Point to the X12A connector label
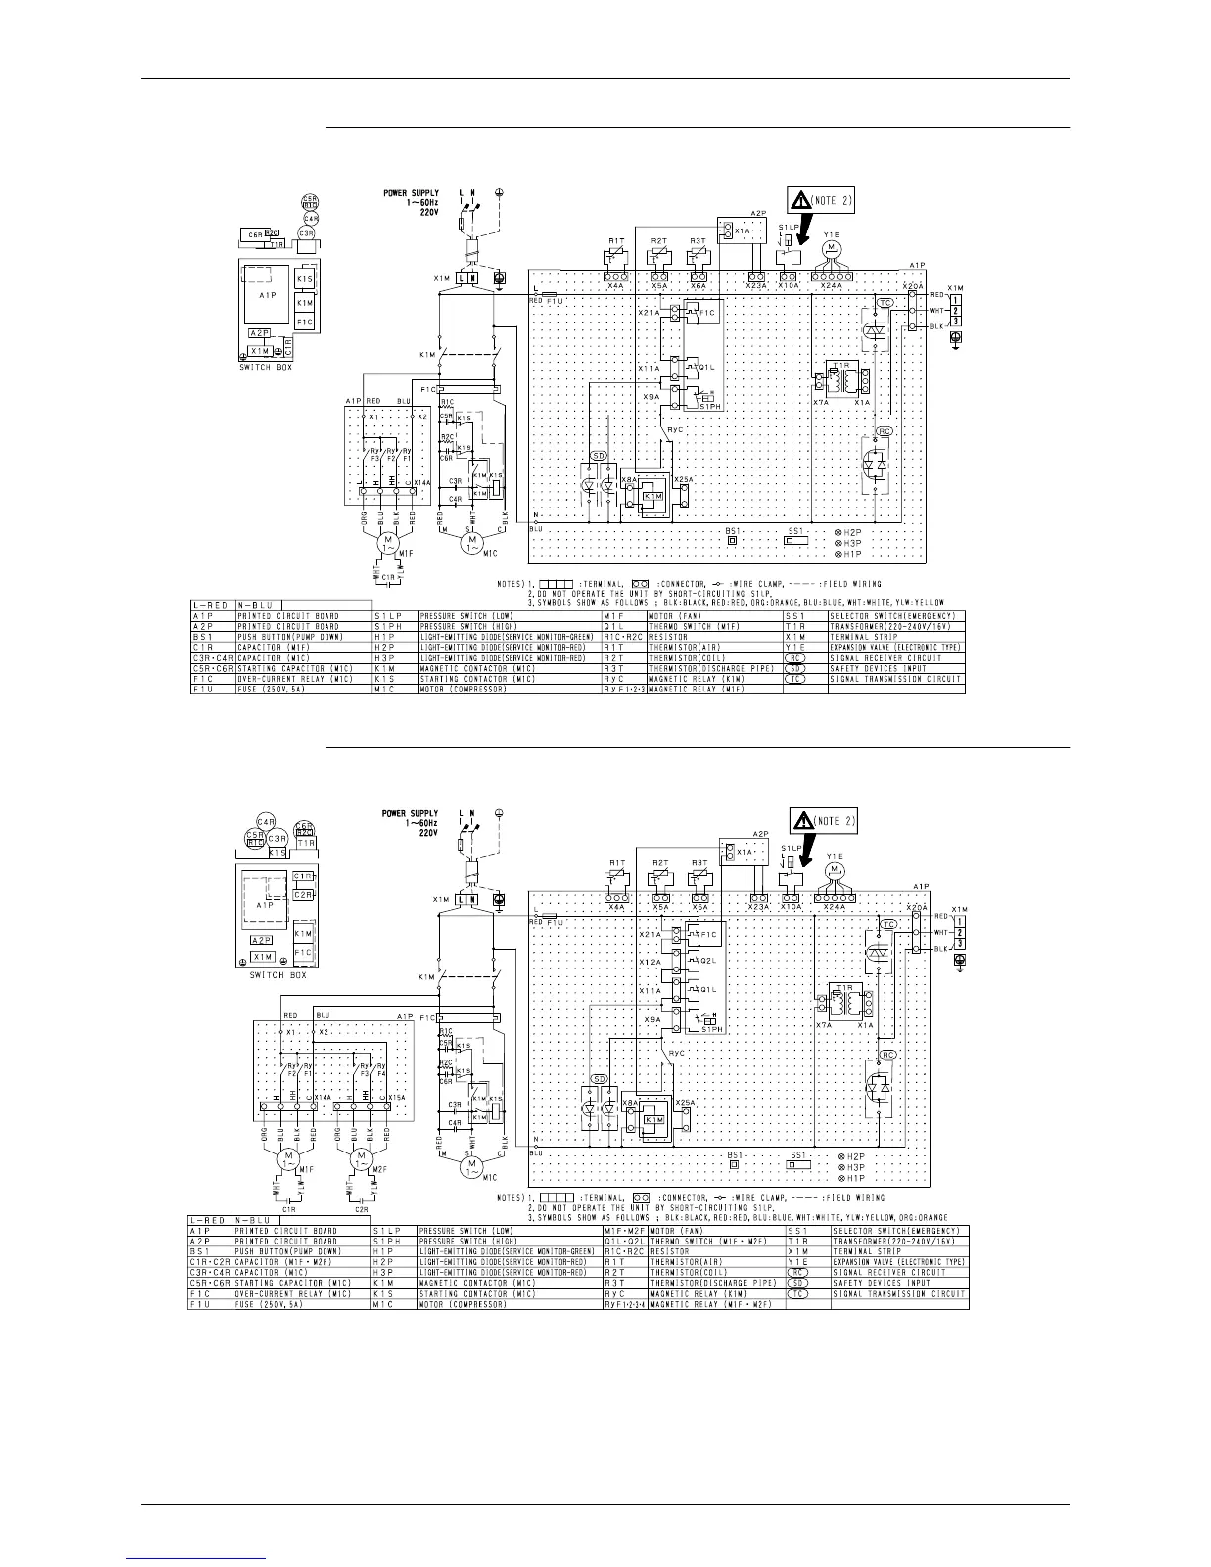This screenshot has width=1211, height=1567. click(650, 962)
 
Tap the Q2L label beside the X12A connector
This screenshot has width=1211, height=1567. click(706, 962)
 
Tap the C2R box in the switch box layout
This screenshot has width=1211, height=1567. click(304, 895)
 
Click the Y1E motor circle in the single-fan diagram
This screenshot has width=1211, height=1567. click(832, 244)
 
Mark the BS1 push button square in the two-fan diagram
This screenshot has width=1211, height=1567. click(734, 1165)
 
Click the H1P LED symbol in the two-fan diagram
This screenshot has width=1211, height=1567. click(838, 1178)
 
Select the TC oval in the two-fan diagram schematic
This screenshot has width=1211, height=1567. click(887, 924)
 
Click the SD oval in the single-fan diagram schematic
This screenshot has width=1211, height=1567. click(597, 456)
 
